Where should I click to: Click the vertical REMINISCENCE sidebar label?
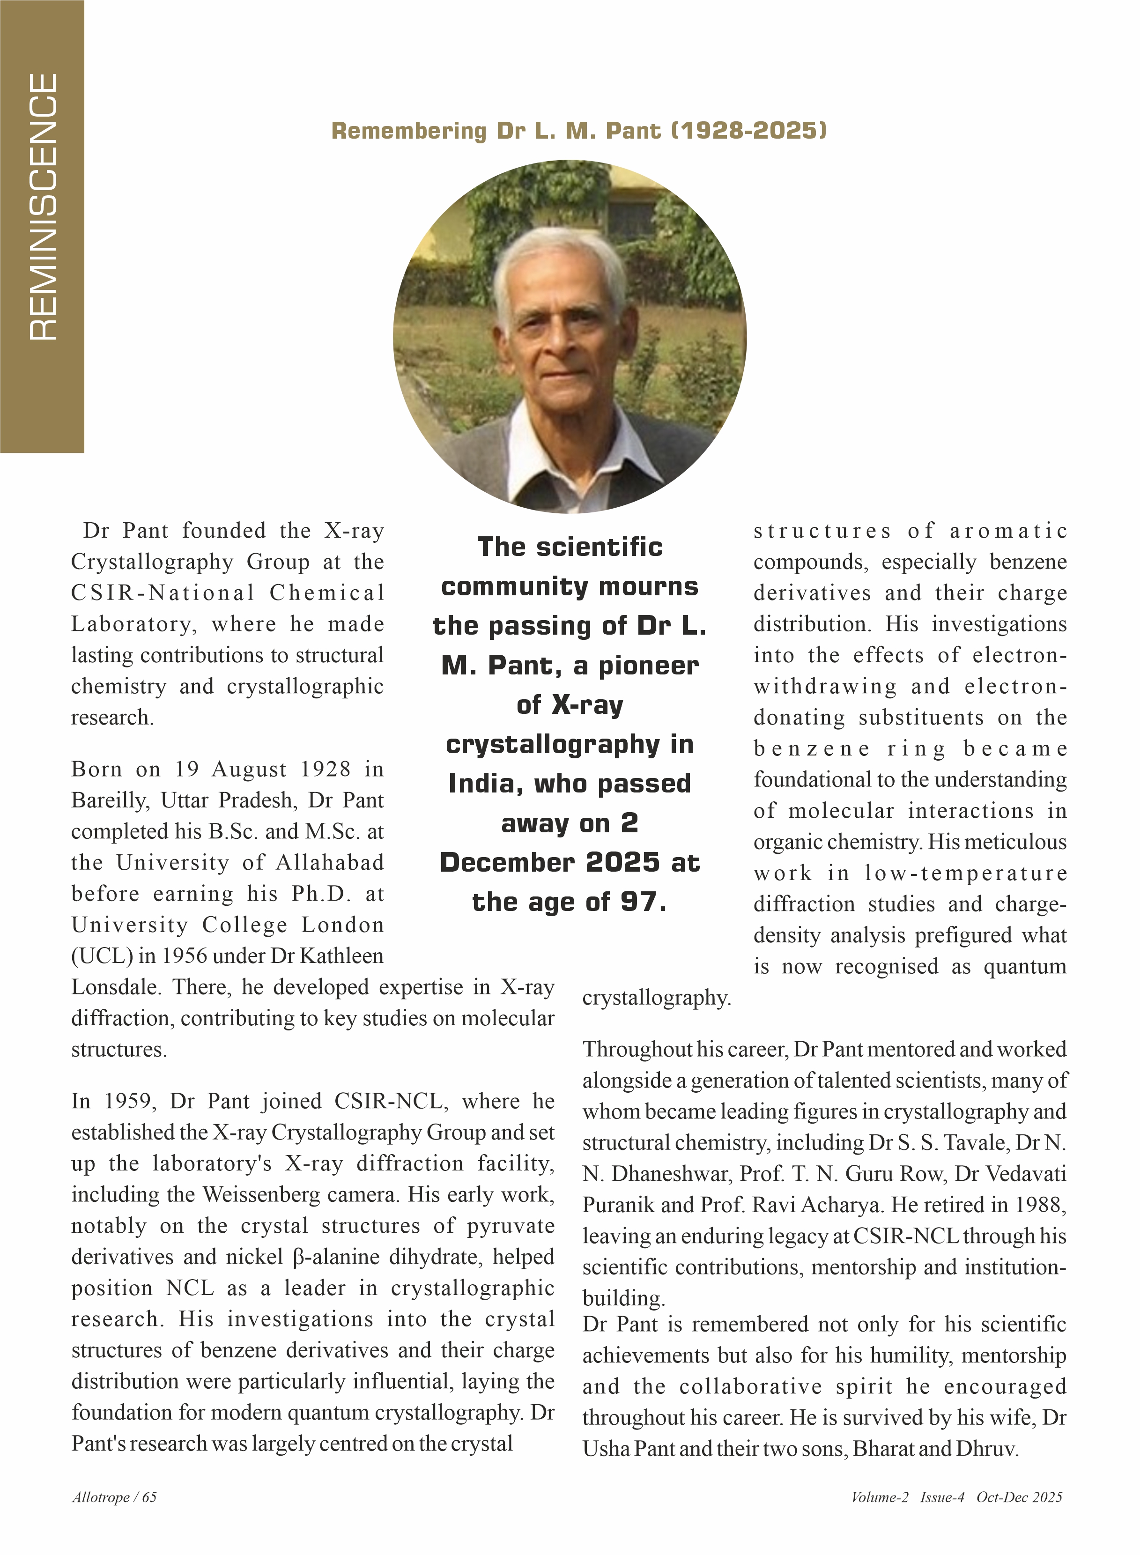click(43, 207)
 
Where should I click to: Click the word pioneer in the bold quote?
click(648, 666)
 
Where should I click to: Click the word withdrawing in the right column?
click(825, 687)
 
